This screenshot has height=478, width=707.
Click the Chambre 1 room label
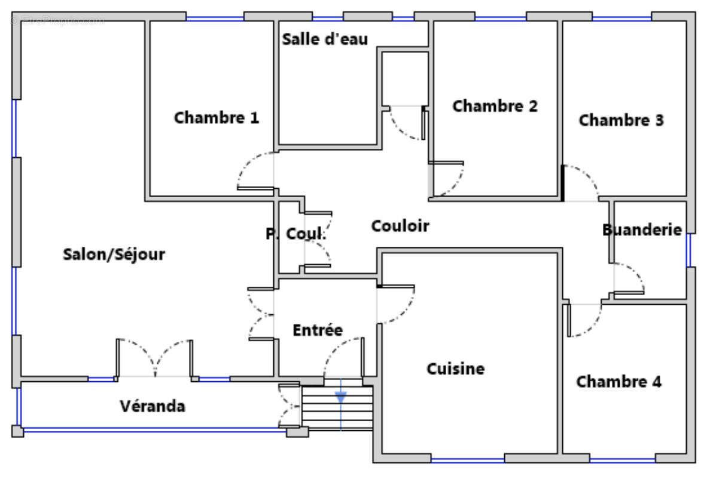[217, 118]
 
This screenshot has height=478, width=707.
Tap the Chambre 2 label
[495, 106]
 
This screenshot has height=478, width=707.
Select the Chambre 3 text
[621, 120]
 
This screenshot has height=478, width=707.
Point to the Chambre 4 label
[618, 381]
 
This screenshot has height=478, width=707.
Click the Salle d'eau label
[325, 39]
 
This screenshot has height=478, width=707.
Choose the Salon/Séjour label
[114, 255]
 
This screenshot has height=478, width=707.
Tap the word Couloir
[400, 226]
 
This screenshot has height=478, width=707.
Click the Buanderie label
[642, 229]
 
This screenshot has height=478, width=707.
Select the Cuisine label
[455, 369]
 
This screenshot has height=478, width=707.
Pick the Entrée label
[318, 330]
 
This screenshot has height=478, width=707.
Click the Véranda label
[153, 407]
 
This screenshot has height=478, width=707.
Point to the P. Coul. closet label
[296, 234]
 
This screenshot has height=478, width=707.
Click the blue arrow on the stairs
[340, 397]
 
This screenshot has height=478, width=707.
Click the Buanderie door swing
[629, 278]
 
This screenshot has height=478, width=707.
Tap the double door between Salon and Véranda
[155, 358]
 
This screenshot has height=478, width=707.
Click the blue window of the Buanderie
[689, 249]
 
